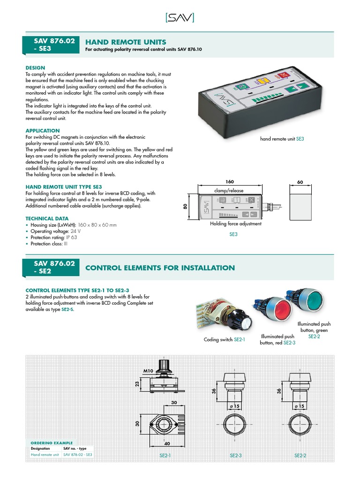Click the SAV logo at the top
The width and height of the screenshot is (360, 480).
[180, 17]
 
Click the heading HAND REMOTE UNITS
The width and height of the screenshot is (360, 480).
[126, 42]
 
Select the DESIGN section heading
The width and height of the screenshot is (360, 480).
[35, 68]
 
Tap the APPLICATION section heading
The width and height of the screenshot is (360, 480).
[42, 131]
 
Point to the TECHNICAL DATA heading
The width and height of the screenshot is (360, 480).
[47, 218]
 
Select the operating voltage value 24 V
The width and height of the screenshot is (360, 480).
[75, 232]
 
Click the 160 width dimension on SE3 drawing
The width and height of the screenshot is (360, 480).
[230, 182]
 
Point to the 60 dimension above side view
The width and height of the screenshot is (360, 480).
[300, 182]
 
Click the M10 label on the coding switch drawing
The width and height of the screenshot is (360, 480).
[149, 371]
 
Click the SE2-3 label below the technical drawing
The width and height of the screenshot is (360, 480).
[236, 455]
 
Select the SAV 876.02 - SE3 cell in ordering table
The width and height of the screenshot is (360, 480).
[77, 455]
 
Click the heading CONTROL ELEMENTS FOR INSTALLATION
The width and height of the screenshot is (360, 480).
[160, 268]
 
